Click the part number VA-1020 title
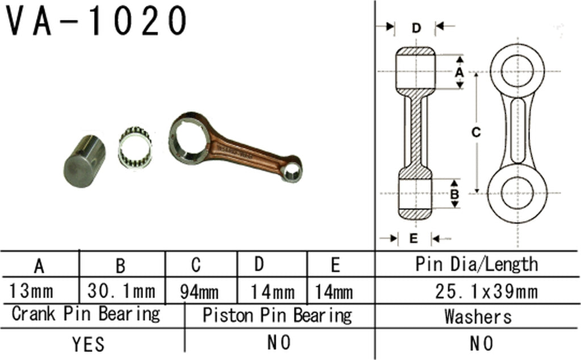96,22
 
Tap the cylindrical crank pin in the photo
85,160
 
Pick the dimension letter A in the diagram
460,72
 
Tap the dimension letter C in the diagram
477,132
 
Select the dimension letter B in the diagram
454,194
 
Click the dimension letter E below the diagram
413,238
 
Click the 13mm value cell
32,292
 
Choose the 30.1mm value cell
121,292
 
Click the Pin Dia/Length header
477,264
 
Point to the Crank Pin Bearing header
86,313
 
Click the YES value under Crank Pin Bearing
89,344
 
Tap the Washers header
478,316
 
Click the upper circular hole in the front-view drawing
517,72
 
